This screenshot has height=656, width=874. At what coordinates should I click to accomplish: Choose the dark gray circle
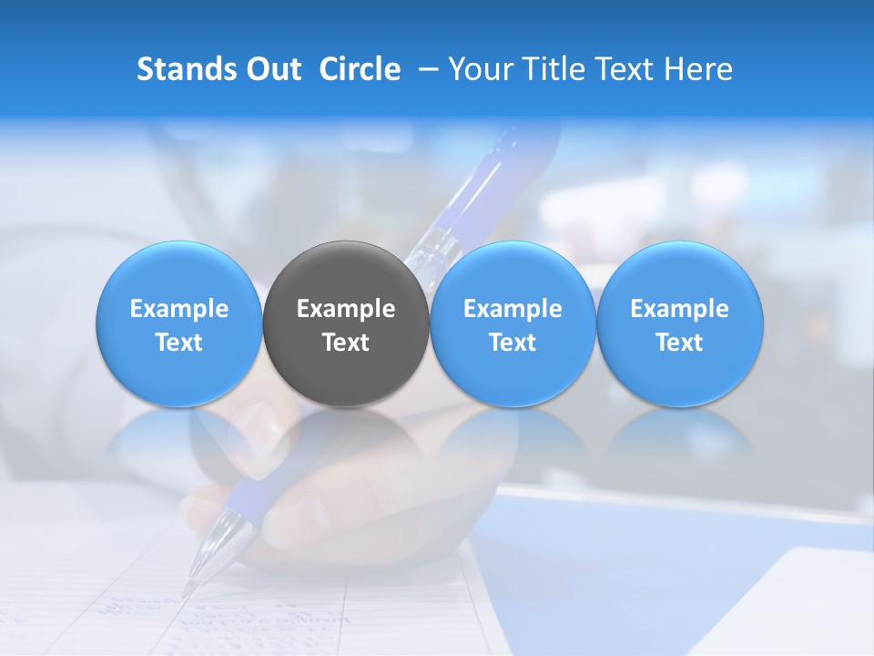346,323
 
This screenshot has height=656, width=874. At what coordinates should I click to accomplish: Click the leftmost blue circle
178,323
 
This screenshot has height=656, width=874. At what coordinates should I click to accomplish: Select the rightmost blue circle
679,323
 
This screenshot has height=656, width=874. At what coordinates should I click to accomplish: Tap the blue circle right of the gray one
513,323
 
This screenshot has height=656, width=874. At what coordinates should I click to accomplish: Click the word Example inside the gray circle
346,309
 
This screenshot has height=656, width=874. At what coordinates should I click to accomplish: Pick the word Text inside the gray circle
346,343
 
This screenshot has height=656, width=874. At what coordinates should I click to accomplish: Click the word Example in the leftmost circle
178,309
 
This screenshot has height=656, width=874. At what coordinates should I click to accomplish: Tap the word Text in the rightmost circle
679,343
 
